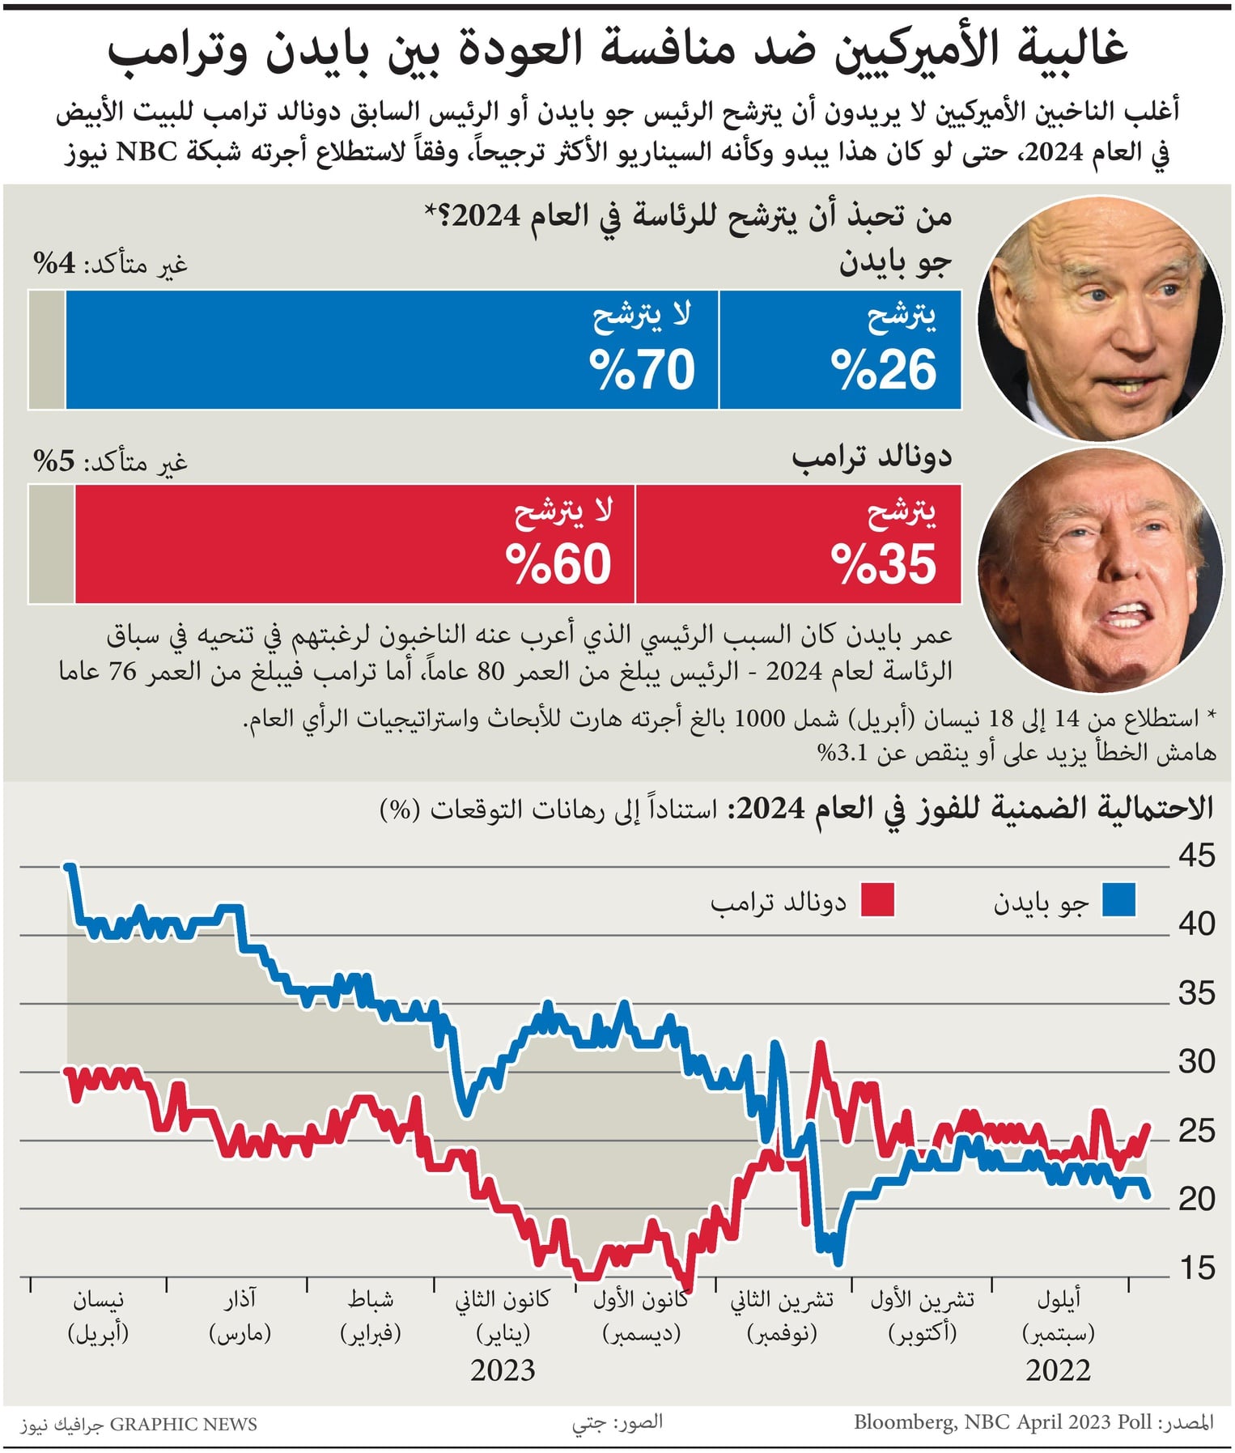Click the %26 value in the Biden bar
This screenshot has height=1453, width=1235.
tap(884, 371)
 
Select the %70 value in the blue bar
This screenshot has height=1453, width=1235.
tap(642, 371)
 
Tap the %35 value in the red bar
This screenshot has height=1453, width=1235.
tap(884, 564)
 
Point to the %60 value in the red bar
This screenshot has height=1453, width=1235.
tap(558, 564)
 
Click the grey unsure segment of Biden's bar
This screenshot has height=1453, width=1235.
tap(47, 350)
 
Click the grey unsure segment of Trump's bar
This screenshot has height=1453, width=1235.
tap(51, 544)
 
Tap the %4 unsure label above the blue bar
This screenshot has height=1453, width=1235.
tap(54, 263)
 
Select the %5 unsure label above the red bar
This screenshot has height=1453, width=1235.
tap(54, 461)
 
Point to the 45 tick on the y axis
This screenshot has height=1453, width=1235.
tap(1196, 856)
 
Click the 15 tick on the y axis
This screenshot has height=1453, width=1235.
tap(1196, 1268)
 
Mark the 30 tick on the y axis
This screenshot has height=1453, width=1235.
tap(1196, 1061)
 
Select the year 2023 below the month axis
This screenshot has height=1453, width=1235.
tap(503, 1370)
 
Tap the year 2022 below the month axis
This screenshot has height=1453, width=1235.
tap(1058, 1370)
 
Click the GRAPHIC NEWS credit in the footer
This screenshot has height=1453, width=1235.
tap(183, 1424)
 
